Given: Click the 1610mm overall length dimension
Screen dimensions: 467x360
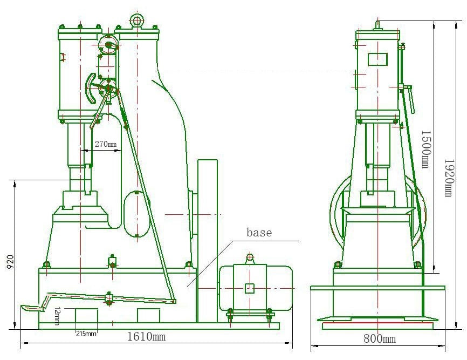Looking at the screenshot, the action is coord(146,336).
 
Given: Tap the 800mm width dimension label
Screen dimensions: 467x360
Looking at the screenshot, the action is coord(380,338).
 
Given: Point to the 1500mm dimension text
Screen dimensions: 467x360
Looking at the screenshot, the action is coord(426,149).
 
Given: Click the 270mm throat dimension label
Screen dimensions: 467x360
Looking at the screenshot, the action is coord(106,144).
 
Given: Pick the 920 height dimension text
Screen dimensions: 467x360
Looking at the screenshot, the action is coord(10,262).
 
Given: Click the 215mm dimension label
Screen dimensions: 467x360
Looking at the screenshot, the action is coord(86,334).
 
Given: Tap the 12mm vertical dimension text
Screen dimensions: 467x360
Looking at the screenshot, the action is coord(57,316).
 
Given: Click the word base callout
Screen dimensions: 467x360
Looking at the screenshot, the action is coord(259,232).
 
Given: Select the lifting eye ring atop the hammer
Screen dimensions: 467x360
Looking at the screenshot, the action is coord(137,21).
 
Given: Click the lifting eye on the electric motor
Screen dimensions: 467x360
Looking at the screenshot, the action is coord(250,257).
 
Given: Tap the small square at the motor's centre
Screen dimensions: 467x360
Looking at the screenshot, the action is coord(250,288).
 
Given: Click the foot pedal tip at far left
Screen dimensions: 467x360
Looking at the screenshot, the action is coord(22,307).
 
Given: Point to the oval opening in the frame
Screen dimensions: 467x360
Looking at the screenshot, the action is coord(137,214).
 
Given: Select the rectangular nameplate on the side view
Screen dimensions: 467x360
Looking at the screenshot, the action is coord(377,59).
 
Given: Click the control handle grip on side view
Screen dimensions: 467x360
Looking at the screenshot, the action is coord(411,100).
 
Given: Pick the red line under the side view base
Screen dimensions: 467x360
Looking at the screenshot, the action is coord(377,322).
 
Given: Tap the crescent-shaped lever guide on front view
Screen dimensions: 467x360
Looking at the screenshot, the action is coord(91,89).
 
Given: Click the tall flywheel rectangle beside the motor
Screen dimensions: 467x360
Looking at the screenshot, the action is coord(207,241).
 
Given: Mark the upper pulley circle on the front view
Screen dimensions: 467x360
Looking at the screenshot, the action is coord(108,45).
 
